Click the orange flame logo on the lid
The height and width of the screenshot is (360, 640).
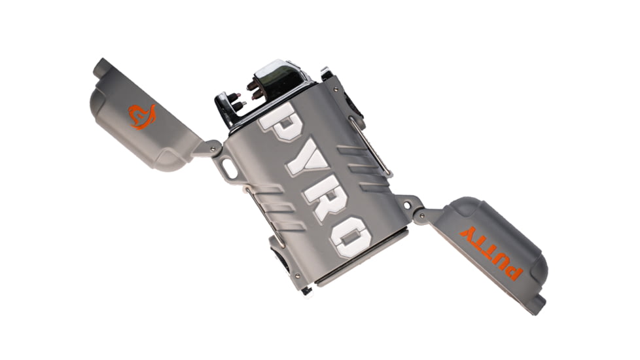[143, 116]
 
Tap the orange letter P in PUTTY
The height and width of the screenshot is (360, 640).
[514, 269]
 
